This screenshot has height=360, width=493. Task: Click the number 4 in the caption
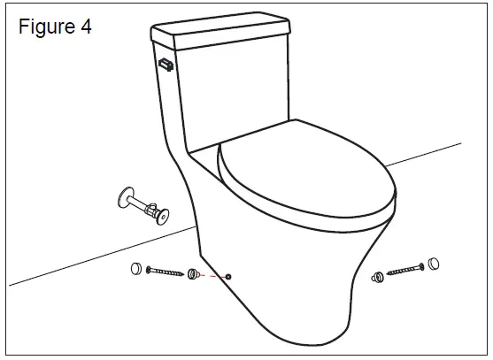point(87,27)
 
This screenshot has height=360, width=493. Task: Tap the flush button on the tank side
point(164,64)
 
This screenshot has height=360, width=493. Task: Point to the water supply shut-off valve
point(141,205)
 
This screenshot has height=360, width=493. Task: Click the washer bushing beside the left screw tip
point(193,273)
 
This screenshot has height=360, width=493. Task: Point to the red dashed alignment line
point(212,276)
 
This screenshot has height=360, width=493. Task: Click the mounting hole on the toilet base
point(229,277)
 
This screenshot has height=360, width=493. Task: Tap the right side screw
point(406,268)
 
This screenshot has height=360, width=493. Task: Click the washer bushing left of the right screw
point(379,276)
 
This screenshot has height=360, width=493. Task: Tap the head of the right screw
point(421,264)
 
